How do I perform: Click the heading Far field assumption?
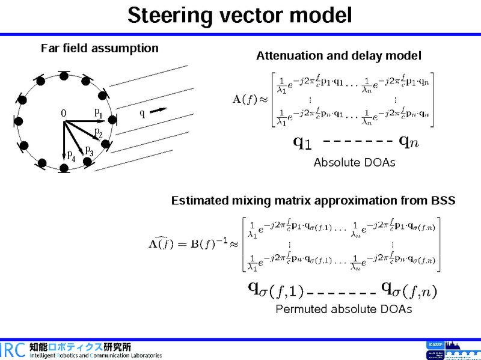[x=99, y=48]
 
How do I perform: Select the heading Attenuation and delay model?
[x=339, y=56]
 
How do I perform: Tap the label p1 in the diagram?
[x=98, y=112]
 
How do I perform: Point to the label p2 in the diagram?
[x=98, y=132]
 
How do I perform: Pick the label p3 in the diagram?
[x=89, y=150]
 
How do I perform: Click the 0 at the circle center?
[x=63, y=113]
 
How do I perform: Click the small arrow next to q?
[x=159, y=110]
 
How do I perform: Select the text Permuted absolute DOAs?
[x=343, y=309]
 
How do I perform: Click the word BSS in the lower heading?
[x=442, y=200]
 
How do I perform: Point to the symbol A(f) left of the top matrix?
[x=245, y=99]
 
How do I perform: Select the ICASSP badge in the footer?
[x=434, y=345]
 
